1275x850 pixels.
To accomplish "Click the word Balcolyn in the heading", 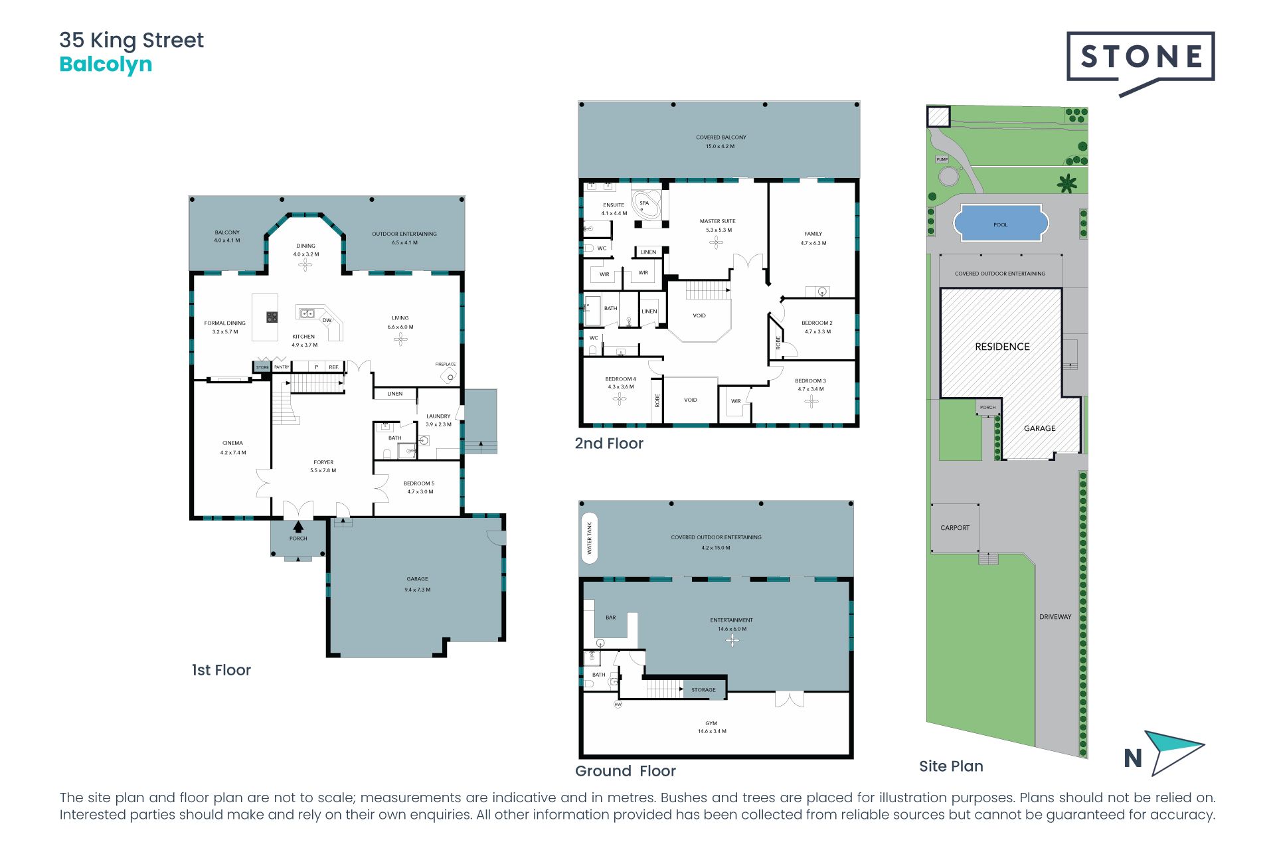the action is pyautogui.click(x=106, y=64).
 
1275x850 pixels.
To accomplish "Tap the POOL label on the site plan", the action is pyautogui.click(x=1001, y=225).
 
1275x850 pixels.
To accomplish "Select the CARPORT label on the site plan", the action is pyautogui.click(x=955, y=528).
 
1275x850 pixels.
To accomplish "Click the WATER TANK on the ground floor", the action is pyautogui.click(x=589, y=538).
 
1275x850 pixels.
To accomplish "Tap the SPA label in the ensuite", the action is pyautogui.click(x=644, y=203).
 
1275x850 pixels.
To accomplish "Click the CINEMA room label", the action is pyautogui.click(x=232, y=443).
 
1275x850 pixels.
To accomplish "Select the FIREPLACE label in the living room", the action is pyautogui.click(x=446, y=364).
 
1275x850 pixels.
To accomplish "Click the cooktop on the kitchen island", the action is pyautogui.click(x=272, y=317).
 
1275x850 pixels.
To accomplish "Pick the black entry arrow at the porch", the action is pyautogui.click(x=298, y=527).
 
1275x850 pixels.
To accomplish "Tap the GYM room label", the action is pyautogui.click(x=711, y=723).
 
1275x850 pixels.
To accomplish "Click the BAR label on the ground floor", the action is pyautogui.click(x=611, y=618).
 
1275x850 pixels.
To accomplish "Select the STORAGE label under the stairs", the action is pyautogui.click(x=704, y=690).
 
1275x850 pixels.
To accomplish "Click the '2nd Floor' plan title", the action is pyautogui.click(x=609, y=444).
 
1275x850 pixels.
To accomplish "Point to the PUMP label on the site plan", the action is pyautogui.click(x=942, y=159).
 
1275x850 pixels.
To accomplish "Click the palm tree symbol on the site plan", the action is pyautogui.click(x=1067, y=183).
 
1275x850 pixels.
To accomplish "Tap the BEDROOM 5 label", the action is pyautogui.click(x=419, y=483).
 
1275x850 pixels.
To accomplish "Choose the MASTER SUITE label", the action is pyautogui.click(x=718, y=221).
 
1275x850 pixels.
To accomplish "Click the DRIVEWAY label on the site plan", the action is pyautogui.click(x=1055, y=617).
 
